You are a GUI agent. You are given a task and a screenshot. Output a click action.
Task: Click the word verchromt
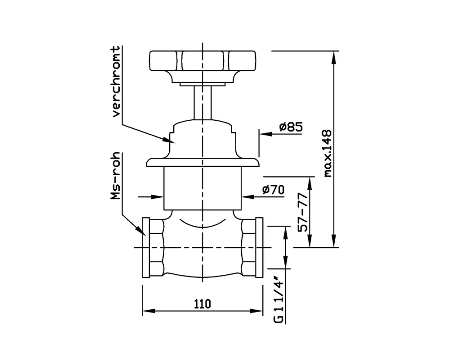pyautogui.click(x=116, y=81)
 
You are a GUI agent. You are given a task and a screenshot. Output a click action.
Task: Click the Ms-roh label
pyautogui.click(x=115, y=176)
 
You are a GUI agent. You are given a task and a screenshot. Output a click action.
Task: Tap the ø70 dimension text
pyautogui.click(x=273, y=189)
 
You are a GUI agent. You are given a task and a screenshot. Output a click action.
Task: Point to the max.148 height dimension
pyautogui.click(x=327, y=153)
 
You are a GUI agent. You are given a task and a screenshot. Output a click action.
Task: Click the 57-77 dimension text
pyautogui.click(x=303, y=212)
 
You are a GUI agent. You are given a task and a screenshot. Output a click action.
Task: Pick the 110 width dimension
pyautogui.click(x=202, y=303)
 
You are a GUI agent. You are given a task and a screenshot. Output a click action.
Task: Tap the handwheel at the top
pyautogui.click(x=202, y=61)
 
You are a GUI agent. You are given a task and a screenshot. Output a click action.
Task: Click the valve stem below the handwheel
pyautogui.click(x=202, y=103)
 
